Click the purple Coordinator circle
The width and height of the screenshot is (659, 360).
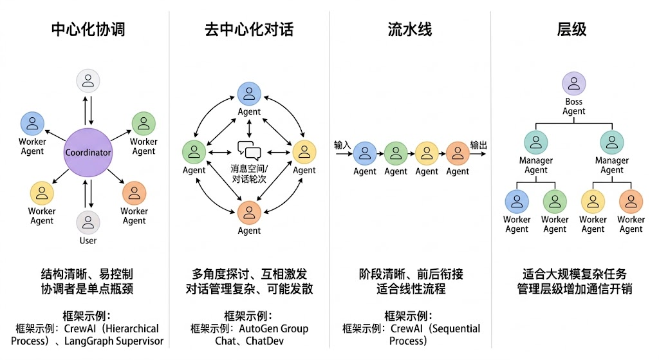tap(88, 153)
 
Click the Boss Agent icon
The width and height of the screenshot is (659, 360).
tap(573, 83)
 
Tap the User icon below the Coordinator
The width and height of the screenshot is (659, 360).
tap(88, 222)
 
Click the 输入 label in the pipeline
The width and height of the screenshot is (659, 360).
tap(342, 145)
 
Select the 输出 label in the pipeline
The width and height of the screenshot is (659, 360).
tap(478, 145)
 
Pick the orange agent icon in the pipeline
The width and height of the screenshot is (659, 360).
tap(458, 153)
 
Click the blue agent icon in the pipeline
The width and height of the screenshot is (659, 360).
tap(364, 153)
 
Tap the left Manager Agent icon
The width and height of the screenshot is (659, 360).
tap(535, 142)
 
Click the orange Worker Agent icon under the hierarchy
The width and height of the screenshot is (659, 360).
tap(631, 201)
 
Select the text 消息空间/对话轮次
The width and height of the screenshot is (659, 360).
tap(249, 174)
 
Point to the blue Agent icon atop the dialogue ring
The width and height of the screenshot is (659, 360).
tap(249, 94)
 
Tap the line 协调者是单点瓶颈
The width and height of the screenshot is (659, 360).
tap(88, 289)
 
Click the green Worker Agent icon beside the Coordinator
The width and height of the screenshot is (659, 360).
tap(144, 123)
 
